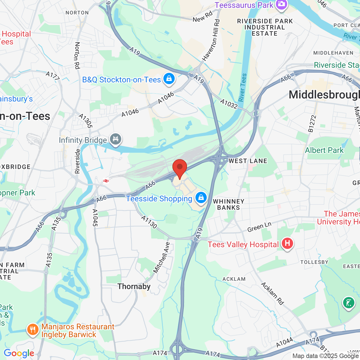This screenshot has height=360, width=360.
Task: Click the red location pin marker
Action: click(179, 168)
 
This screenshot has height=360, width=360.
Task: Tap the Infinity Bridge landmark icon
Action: click(115, 139)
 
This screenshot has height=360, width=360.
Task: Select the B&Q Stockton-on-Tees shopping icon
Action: click(169, 79)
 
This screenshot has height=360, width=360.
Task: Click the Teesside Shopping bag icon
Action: click(201, 198)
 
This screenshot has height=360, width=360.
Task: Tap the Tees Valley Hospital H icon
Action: click(287, 243)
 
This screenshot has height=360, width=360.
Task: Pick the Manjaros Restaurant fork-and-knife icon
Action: click(33, 330)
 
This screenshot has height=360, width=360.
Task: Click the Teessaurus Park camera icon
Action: click(281, 5)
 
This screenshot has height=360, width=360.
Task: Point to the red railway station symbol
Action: click(106, 181)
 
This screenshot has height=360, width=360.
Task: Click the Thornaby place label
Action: click(134, 286)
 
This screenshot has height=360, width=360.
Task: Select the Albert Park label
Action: click(324, 150)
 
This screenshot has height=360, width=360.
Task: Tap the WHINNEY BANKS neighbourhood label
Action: click(229, 204)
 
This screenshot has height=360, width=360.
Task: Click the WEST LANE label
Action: click(248, 161)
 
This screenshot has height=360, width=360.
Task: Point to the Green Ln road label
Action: click(259, 227)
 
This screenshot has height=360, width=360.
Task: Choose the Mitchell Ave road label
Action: click(161, 257)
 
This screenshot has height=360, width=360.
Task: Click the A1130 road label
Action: click(149, 222)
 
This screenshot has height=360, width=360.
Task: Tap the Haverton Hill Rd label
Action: click(211, 40)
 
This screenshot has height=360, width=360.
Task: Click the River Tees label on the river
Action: click(242, 87)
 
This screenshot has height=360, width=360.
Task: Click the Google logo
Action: click(19, 353)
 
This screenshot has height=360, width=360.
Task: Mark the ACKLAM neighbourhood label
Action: click(234, 279)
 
